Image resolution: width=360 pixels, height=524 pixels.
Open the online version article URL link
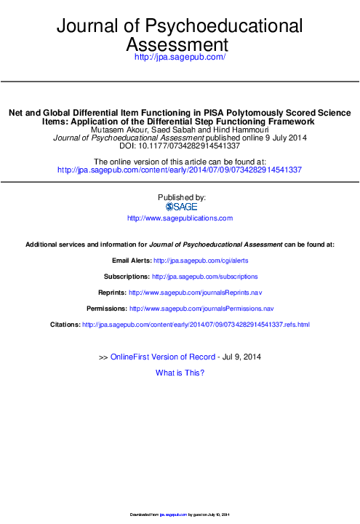tap(180, 170)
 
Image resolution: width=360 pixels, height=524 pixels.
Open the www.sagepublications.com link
tap(180, 218)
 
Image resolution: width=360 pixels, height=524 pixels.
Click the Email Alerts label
tap(131, 260)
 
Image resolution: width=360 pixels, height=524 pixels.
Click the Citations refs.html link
tap(196, 324)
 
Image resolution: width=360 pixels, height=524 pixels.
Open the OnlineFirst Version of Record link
tap(162, 357)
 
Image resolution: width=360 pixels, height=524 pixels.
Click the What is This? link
tap(180, 373)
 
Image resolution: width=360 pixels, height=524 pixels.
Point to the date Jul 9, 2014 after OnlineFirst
tap(241, 357)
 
